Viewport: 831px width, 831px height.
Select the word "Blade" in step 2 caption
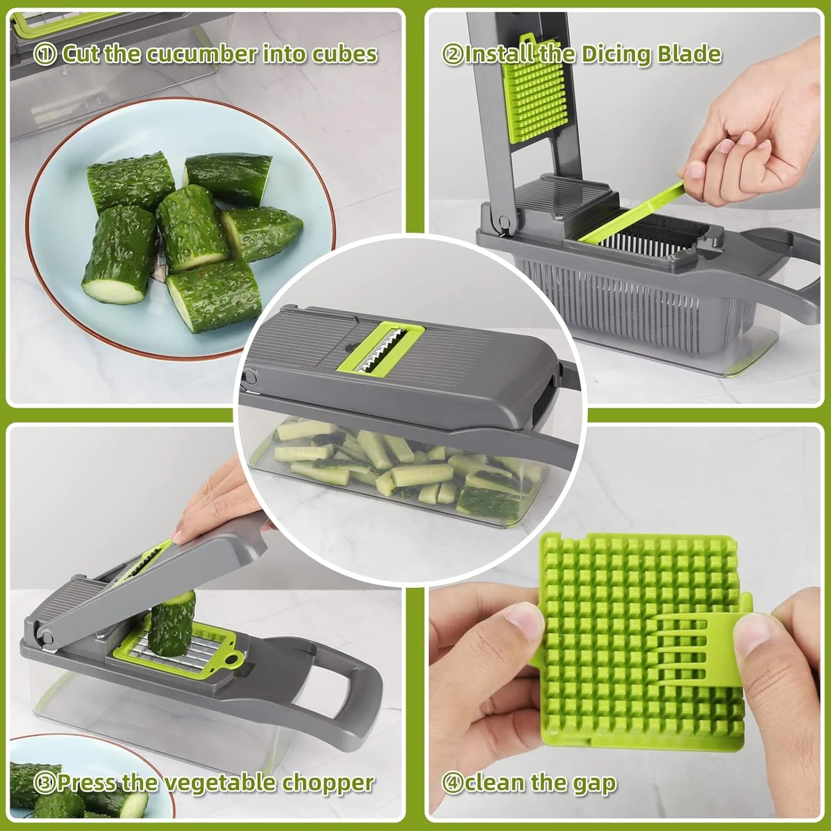point(689,54)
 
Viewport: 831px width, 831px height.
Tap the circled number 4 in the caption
point(452,783)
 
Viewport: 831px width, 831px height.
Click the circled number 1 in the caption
point(44,54)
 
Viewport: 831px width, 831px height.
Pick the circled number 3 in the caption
point(44,783)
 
